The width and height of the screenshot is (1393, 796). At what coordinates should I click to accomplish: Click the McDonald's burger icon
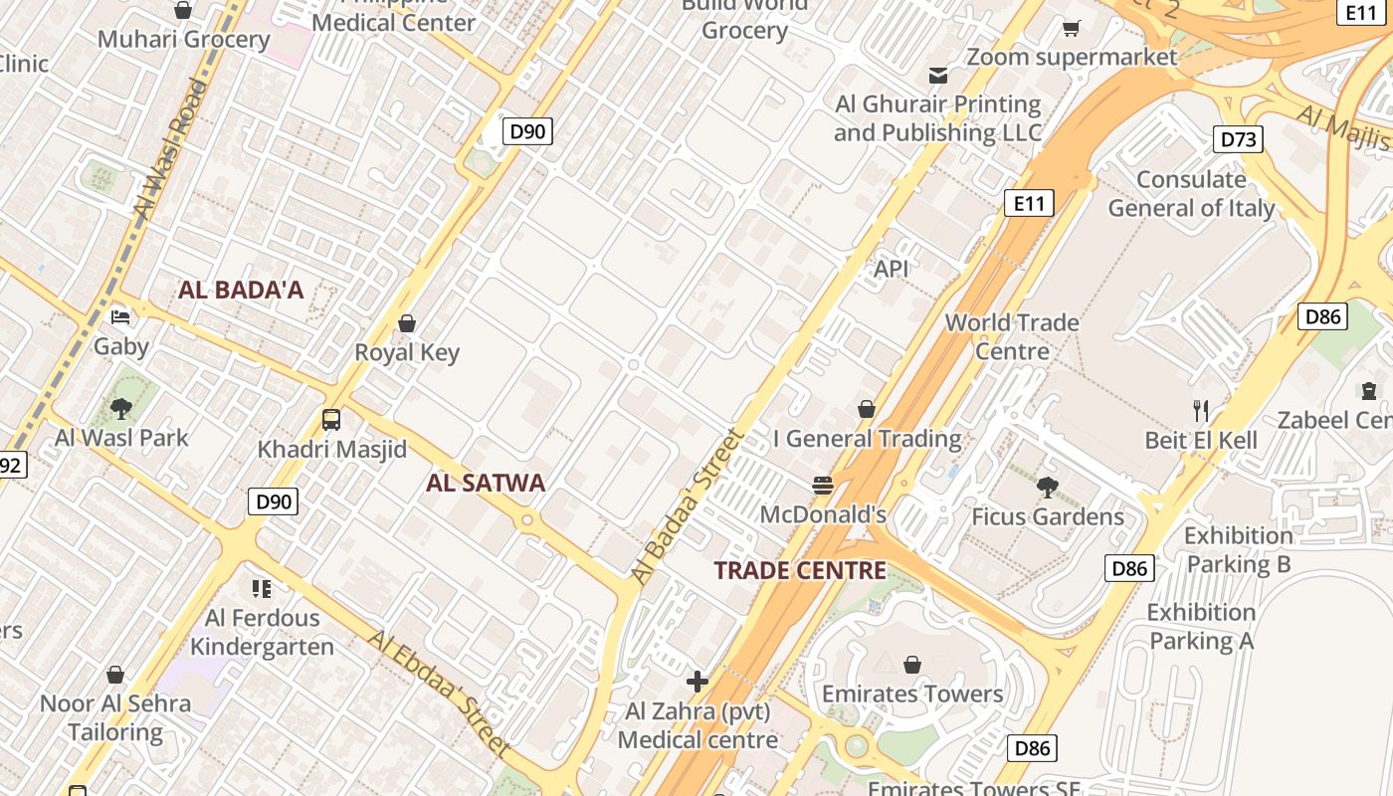823,486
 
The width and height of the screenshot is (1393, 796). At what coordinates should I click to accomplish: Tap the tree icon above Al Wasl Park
121,407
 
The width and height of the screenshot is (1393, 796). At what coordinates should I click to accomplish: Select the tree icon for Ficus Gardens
1047,487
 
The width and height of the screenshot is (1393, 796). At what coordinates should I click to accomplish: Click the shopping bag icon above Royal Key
407,323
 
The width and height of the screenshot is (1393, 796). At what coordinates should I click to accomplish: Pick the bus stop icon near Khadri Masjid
331,420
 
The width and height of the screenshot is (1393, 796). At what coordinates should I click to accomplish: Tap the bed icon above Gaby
120,317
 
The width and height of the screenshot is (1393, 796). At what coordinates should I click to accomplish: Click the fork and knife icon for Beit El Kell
1201,410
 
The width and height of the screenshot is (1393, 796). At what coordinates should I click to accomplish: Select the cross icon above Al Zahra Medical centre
697,682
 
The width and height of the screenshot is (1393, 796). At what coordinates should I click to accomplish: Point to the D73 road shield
1238,139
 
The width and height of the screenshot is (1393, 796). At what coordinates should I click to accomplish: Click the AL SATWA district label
486,484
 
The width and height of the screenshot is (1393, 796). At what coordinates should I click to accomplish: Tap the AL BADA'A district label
241,291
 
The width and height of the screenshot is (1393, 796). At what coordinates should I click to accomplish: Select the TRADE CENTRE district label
800,571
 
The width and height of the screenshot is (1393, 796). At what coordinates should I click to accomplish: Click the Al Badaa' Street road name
688,505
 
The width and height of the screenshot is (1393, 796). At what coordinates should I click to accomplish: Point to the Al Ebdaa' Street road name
439,693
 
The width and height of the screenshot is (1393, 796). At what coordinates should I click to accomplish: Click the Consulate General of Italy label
1191,194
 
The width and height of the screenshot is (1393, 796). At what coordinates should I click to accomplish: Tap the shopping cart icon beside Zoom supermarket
1072,29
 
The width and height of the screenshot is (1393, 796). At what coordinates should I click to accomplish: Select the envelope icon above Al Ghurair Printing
937,76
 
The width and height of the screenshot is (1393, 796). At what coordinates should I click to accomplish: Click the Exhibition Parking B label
1239,550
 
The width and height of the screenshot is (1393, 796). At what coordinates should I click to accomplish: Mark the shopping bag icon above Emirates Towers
912,665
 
